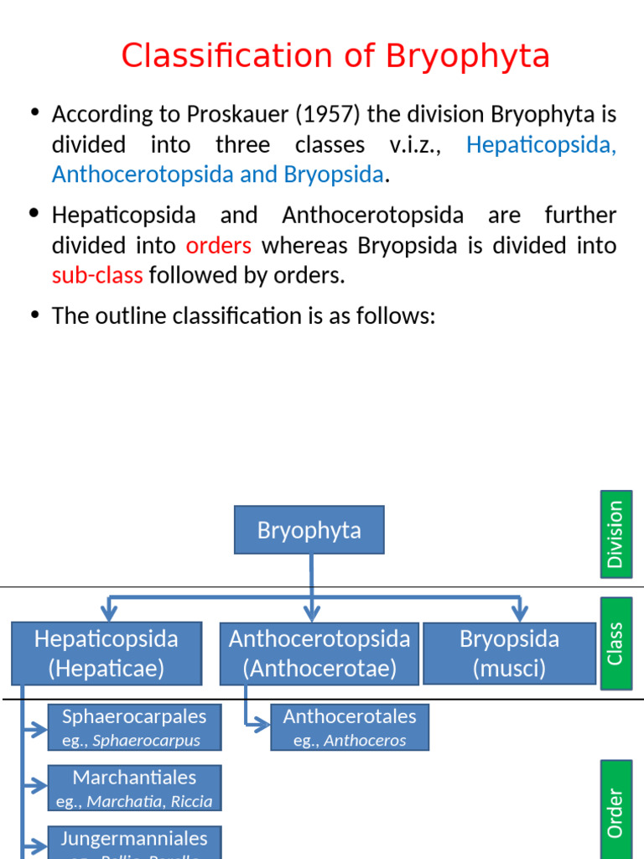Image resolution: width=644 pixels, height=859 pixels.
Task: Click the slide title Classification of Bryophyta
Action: click(x=335, y=57)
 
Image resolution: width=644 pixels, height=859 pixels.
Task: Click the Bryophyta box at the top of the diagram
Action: click(x=309, y=530)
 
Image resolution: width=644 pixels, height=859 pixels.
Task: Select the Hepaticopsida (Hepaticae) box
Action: click(x=106, y=653)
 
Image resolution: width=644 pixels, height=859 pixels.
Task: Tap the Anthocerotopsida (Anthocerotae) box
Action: click(x=319, y=653)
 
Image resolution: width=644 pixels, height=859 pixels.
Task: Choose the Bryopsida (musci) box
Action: click(x=509, y=653)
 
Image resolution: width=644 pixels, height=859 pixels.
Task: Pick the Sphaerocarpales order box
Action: click(x=134, y=727)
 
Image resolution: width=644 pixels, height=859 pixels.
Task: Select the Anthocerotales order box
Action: click(x=350, y=727)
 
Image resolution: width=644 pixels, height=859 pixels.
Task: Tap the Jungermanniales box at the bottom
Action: click(x=134, y=843)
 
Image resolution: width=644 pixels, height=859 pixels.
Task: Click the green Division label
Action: click(x=616, y=534)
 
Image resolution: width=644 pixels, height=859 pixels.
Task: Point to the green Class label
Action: click(x=616, y=643)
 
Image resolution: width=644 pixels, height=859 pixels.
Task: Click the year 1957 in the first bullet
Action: click(x=314, y=114)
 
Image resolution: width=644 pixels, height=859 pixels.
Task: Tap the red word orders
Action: click(x=218, y=245)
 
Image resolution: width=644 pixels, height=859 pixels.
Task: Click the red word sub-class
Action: click(x=97, y=275)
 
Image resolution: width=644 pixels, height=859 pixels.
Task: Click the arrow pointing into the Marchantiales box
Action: click(x=36, y=786)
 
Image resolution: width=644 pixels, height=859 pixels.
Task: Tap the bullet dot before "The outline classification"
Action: click(x=34, y=315)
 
